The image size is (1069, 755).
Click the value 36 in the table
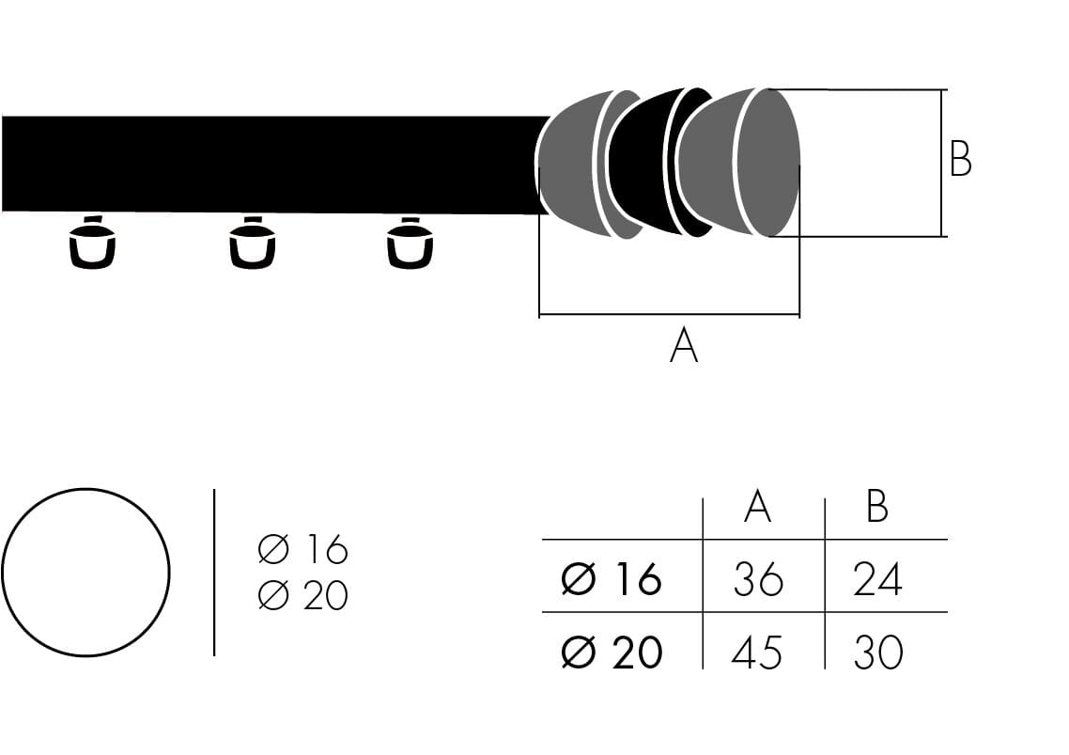point(757,578)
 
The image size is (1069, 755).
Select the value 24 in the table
point(877,578)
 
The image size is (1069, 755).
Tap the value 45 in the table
point(757,652)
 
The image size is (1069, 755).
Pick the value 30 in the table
point(877,652)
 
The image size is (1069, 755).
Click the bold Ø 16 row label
point(612,579)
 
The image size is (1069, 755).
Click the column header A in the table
point(757,507)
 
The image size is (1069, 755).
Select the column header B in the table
point(877,507)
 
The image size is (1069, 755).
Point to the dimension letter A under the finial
point(684,346)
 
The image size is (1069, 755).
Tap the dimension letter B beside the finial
point(960,160)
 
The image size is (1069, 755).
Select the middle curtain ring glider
point(253,244)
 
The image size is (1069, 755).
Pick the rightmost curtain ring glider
point(411,244)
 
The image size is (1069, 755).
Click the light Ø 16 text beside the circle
point(302,549)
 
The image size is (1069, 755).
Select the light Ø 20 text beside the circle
point(302,595)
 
